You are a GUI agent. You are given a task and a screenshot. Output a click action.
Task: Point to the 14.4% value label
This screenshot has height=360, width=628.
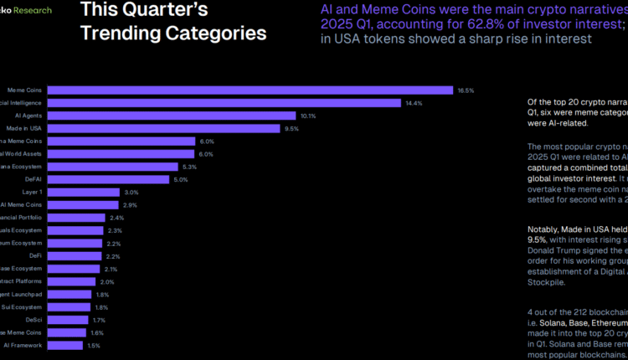coord(413,103)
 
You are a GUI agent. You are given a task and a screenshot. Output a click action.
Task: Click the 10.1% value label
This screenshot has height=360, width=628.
coord(307,116)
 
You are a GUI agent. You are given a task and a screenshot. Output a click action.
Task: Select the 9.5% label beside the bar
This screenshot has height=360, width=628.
coord(291,129)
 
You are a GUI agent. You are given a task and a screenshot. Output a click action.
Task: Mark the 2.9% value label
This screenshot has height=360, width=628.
coord(131,205)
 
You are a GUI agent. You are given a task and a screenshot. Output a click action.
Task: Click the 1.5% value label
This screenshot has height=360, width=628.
coord(94,345)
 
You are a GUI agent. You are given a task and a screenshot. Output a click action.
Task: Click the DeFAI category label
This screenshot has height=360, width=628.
coord(33,180)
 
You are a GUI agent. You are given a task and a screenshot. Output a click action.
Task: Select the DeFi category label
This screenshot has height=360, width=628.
coord(35,256)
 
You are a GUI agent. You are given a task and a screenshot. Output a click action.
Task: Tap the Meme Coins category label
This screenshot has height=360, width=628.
coord(24,90)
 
